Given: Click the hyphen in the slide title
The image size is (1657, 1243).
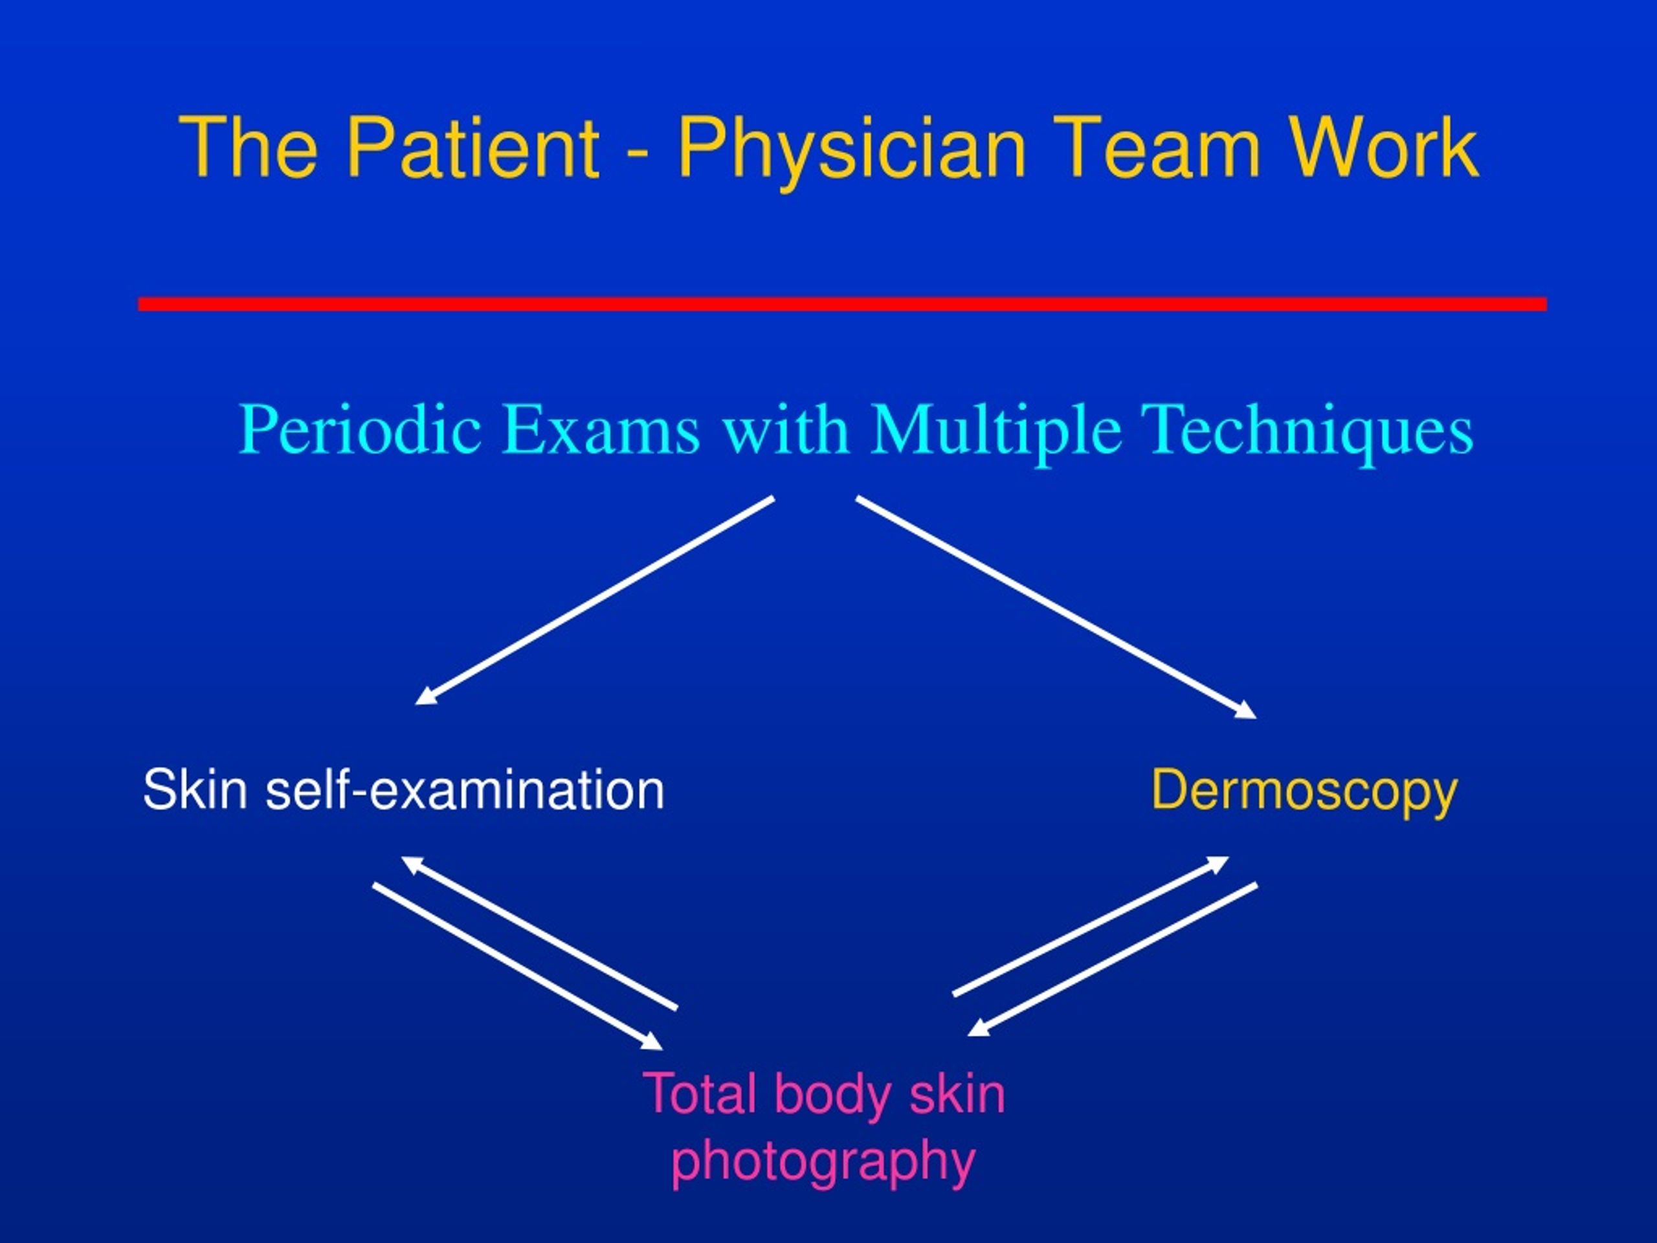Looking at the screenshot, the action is point(638,155).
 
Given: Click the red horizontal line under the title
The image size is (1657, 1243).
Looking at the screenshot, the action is point(843,304).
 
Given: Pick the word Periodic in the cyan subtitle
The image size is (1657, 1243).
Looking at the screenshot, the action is point(361,430).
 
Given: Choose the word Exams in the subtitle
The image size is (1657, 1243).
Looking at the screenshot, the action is point(601,430).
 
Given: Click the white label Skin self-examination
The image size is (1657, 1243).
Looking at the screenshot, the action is point(404,790).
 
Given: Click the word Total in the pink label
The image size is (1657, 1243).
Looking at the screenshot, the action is point(700,1094).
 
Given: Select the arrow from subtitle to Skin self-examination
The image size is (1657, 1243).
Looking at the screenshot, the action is point(595,601).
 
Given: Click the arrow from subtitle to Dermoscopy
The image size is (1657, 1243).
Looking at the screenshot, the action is point(1056,608).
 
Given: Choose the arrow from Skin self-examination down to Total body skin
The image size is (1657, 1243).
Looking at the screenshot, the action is point(518,967).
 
